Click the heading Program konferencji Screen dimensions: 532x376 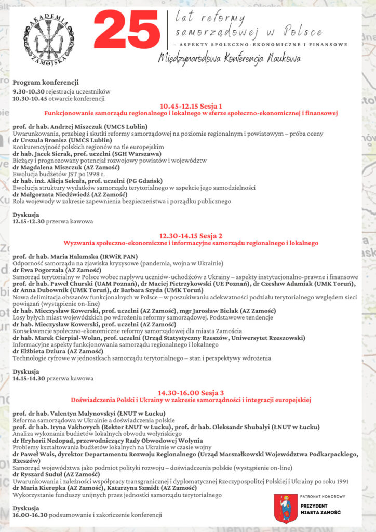coord(45,82)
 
